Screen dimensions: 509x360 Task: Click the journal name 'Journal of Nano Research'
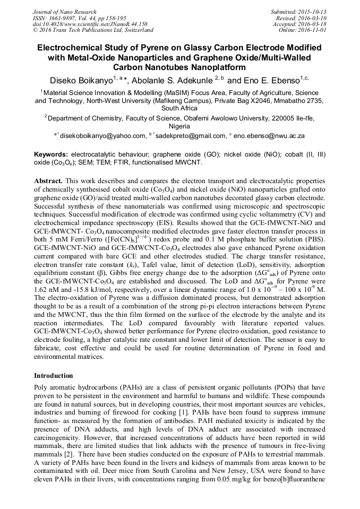coord(64,12)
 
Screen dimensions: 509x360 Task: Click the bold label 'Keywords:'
coord(51,153)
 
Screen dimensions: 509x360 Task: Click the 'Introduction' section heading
coord(54,376)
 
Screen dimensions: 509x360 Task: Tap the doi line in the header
coord(90,24)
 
